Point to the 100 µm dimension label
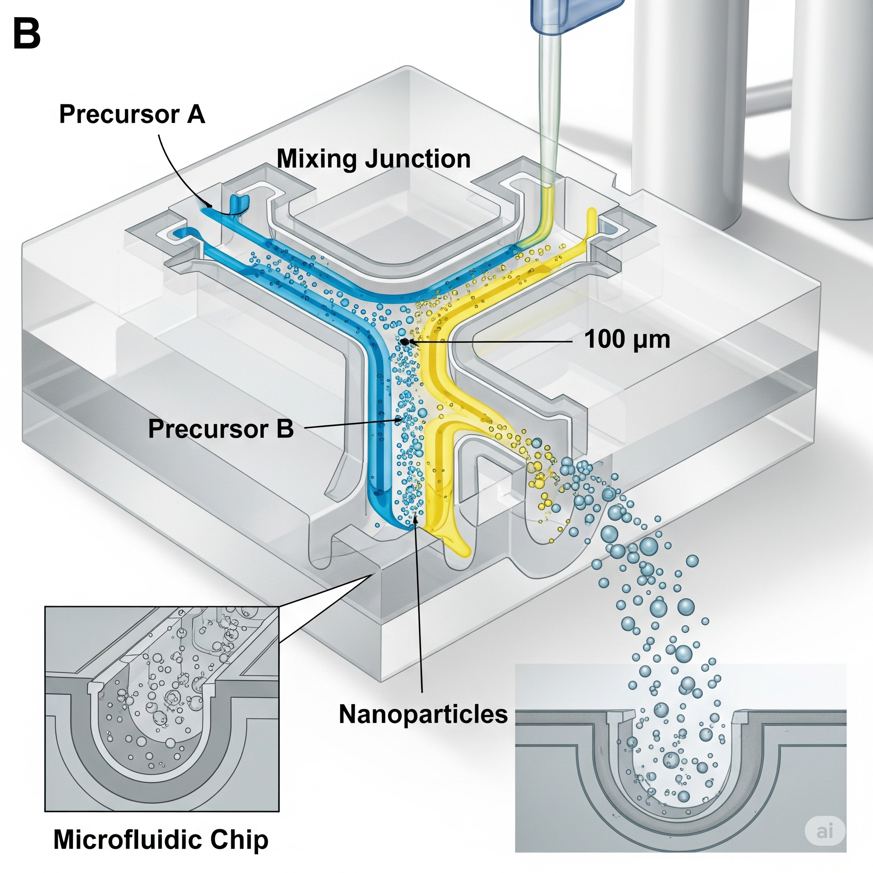(627, 339)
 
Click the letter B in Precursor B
(285, 428)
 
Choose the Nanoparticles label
(423, 714)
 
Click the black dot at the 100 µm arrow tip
(405, 341)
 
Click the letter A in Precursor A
(196, 114)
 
